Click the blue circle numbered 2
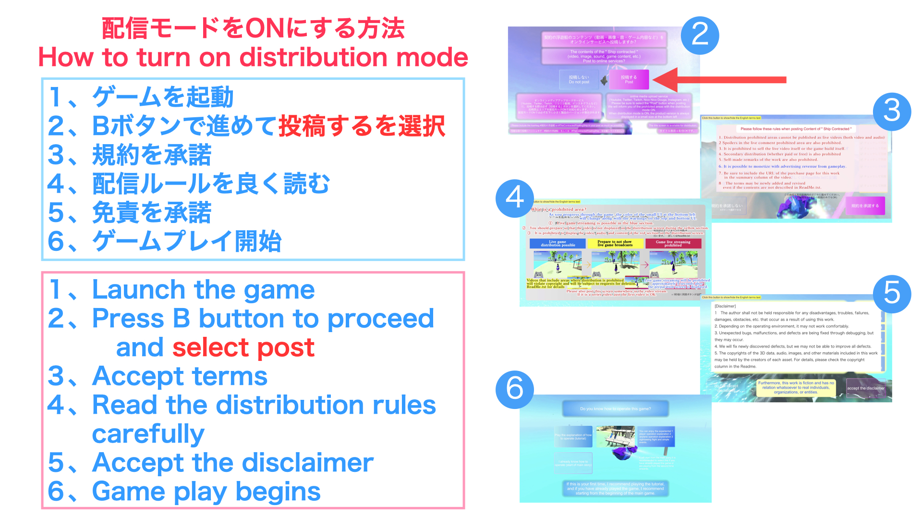700,35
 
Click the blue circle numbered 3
892,111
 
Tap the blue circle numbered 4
515,198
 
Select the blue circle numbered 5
892,293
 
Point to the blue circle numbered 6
515,389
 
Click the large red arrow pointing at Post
720,80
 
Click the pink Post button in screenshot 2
629,80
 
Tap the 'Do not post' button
579,80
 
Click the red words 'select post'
243,347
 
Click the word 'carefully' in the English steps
148,434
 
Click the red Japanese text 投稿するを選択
362,126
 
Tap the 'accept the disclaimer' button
865,388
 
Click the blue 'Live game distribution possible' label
558,244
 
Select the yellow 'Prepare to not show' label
615,244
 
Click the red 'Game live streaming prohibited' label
673,244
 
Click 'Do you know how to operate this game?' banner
615,409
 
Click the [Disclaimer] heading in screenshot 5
725,306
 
